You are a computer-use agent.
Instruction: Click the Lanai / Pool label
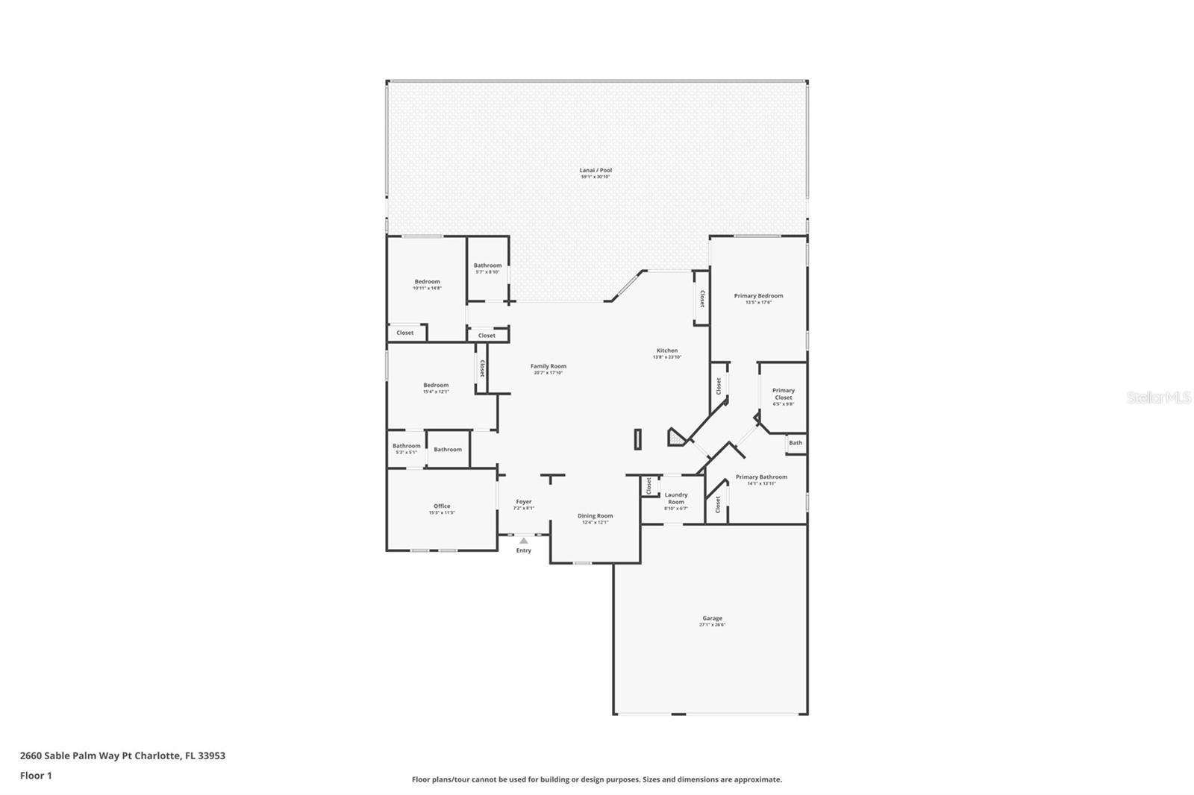coord(596,171)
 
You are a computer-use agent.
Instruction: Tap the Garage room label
coord(712,618)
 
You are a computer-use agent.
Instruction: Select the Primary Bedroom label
coord(758,296)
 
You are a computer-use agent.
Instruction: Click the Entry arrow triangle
coord(524,541)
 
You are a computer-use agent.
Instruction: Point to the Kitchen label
coord(667,351)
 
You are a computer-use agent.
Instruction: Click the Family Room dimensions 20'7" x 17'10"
coord(548,373)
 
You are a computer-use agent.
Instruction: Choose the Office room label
coord(442,506)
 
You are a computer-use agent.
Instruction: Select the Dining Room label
coord(595,516)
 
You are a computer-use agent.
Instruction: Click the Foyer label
coord(524,502)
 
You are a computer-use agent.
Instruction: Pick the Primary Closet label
coord(784,394)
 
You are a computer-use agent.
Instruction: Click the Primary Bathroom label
coord(761,477)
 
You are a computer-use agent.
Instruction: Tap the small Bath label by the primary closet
coord(796,443)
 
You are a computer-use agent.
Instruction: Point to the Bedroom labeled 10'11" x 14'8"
coord(428,282)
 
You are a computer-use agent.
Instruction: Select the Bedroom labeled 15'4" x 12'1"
coord(436,386)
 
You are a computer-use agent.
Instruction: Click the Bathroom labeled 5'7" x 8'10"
coord(487,265)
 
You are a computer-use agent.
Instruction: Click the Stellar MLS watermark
coord(1158,398)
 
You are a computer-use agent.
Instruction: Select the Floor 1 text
coord(36,776)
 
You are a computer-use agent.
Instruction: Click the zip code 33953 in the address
coord(212,755)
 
